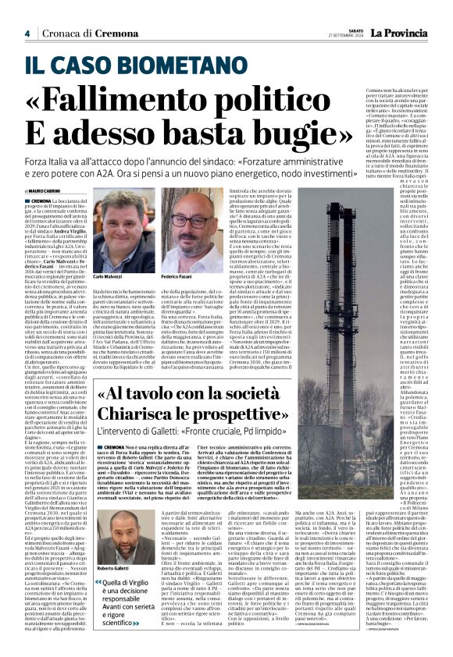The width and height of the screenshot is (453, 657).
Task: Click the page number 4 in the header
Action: click(27, 34)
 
